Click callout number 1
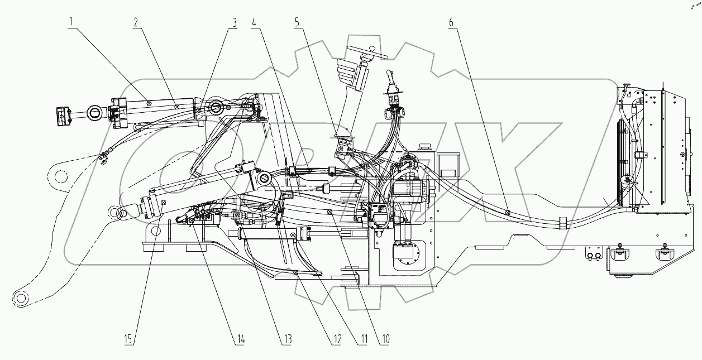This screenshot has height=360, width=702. click(x=71, y=22)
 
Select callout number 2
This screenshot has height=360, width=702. click(x=136, y=22)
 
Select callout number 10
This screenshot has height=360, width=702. click(x=385, y=339)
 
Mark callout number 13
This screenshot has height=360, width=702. click(x=287, y=339)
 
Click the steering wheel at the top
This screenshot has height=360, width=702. click(x=366, y=56)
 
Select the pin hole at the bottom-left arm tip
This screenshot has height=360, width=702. click(x=21, y=299)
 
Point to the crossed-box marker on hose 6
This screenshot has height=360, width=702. click(x=507, y=212)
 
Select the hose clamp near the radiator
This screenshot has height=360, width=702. click(x=562, y=223)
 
